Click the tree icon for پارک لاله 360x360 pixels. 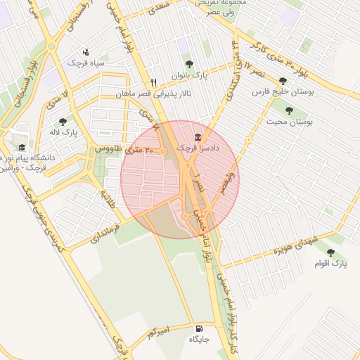[63, 122]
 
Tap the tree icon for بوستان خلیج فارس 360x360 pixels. [283, 82]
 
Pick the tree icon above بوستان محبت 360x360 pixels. [289, 110]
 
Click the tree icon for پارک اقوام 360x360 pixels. [330, 253]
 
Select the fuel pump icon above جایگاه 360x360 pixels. [198, 328]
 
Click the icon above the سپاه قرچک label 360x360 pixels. [86, 52]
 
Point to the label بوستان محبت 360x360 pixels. [289, 121]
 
